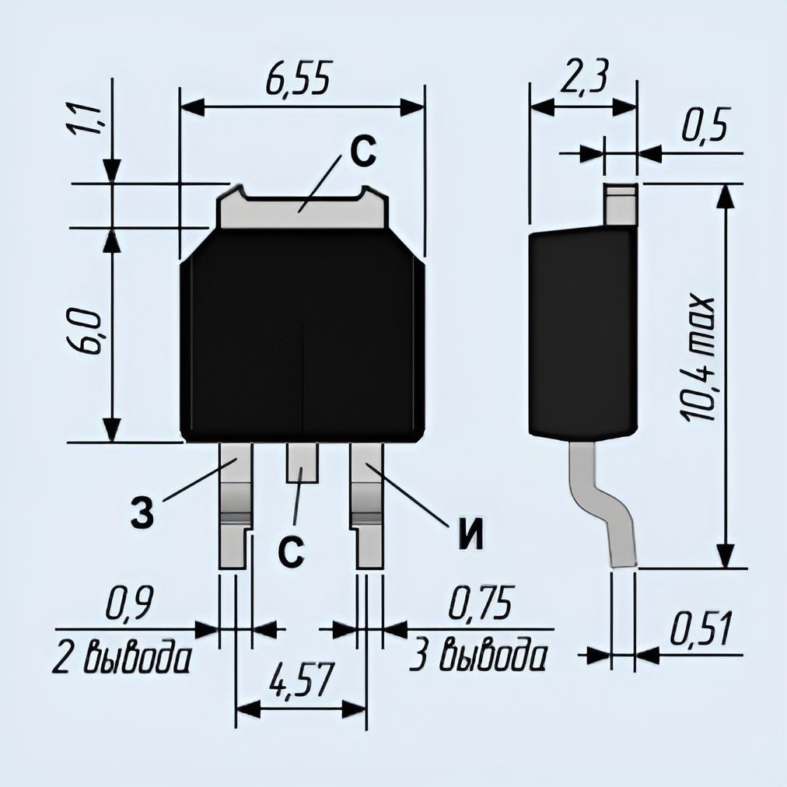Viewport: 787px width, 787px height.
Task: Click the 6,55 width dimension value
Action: (299, 79)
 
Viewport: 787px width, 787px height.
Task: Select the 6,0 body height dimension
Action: (82, 332)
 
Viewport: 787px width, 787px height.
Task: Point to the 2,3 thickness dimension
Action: (583, 77)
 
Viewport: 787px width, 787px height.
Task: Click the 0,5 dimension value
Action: (705, 124)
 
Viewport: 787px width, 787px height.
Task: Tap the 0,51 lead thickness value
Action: (701, 628)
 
